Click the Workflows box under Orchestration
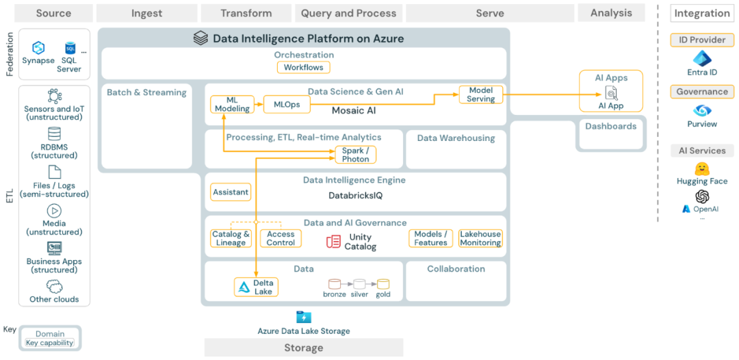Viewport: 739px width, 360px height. click(304, 67)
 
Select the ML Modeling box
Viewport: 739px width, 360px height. click(231, 104)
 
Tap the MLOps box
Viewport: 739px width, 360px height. click(287, 104)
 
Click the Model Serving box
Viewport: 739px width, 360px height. click(480, 94)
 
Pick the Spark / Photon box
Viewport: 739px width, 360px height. click(355, 155)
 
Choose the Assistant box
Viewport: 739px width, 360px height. click(231, 192)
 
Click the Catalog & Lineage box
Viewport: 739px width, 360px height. click(231, 238)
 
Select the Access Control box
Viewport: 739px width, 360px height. click(281, 238)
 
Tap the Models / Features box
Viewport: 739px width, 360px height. click(430, 238)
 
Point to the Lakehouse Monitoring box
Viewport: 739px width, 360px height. click(480, 238)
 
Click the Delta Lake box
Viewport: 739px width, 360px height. click(256, 287)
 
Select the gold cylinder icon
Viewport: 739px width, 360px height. click(383, 283)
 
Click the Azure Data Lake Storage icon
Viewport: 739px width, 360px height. click(304, 317)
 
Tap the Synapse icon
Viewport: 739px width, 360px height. click(38, 47)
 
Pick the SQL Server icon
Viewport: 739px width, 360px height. click(70, 48)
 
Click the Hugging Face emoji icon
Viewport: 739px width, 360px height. click(701, 168)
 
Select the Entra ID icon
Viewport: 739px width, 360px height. click(702, 58)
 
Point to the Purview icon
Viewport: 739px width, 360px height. click(702, 110)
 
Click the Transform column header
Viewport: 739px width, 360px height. click(246, 13)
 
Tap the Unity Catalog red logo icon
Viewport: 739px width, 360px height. click(333, 241)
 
